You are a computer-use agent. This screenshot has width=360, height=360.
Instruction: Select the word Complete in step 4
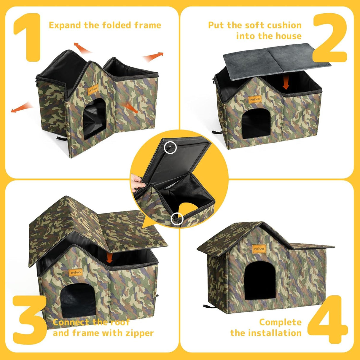(x=280, y=322)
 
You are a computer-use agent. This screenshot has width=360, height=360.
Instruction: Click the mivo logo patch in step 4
(x=259, y=249)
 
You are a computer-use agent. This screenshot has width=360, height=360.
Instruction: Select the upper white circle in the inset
(x=170, y=147)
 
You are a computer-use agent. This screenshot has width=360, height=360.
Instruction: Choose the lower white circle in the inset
(x=177, y=219)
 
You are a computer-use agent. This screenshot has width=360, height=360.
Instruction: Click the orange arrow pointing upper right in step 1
(x=153, y=56)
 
